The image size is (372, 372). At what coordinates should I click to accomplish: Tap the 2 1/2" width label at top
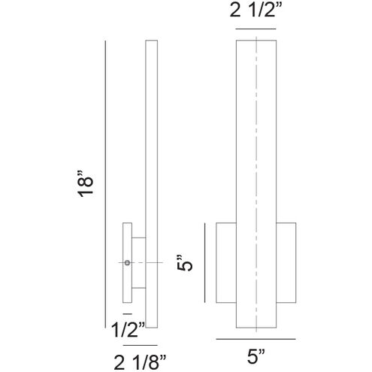click(257, 12)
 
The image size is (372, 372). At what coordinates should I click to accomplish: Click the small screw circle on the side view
click(127, 262)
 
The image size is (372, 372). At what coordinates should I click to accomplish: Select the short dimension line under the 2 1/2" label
click(257, 29)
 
